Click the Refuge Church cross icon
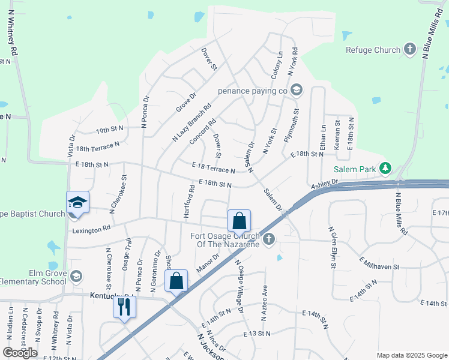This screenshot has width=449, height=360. (x=410, y=50)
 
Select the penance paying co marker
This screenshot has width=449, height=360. (x=296, y=91)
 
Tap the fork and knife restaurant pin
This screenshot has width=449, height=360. (x=125, y=308)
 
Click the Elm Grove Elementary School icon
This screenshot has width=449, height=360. (x=76, y=275)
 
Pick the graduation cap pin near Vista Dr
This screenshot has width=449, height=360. (x=77, y=203)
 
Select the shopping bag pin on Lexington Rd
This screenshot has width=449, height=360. (x=239, y=221)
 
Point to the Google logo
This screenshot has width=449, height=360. (x=20, y=353)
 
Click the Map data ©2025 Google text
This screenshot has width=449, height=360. (x=412, y=355)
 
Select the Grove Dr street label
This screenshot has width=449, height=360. (x=186, y=102)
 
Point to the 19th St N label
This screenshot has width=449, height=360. (x=110, y=129)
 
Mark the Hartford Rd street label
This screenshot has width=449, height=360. (x=189, y=201)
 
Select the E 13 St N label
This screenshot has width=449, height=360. (x=257, y=333)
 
